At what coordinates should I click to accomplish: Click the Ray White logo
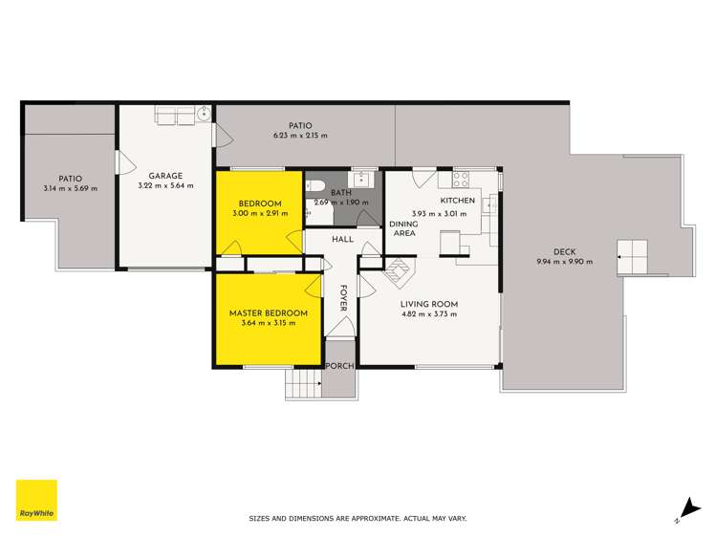(x=36, y=501)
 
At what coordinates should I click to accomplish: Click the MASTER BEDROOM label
(x=268, y=313)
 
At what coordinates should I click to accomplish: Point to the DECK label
(x=564, y=252)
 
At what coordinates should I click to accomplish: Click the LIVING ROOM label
(x=429, y=304)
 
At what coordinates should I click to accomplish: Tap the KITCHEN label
(x=457, y=201)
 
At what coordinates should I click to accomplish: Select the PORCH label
(x=339, y=367)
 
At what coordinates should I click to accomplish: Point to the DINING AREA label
(x=402, y=228)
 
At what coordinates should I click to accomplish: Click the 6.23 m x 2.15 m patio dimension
(x=300, y=136)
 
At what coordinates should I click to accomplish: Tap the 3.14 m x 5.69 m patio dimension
(x=69, y=187)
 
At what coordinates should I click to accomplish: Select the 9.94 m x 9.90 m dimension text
(x=564, y=262)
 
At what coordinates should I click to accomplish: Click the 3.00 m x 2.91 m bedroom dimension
(x=260, y=213)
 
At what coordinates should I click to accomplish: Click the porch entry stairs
(x=302, y=386)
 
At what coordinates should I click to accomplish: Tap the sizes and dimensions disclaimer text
(x=358, y=519)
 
